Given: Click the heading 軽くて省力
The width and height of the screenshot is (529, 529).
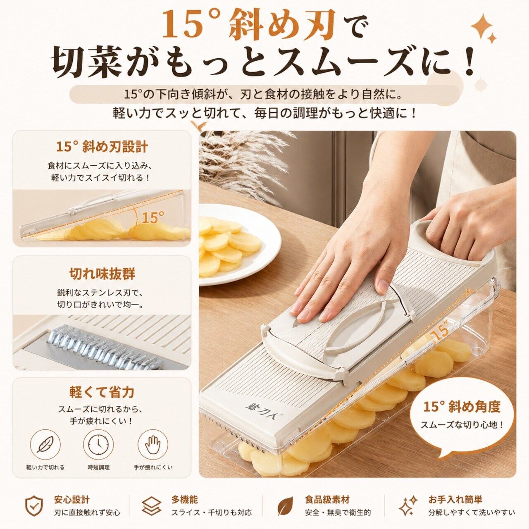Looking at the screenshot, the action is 102,392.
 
